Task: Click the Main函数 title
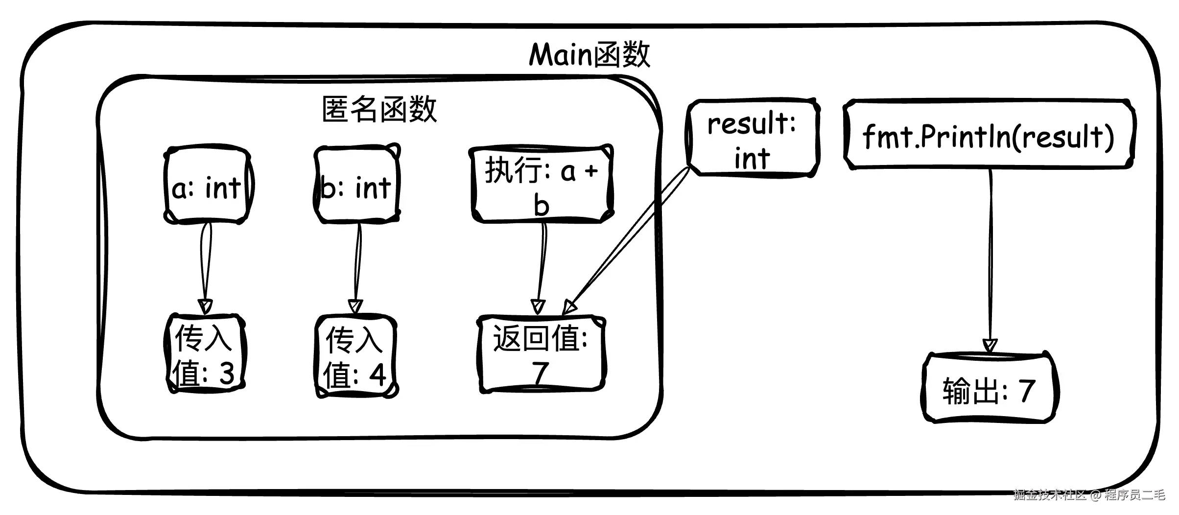click(589, 55)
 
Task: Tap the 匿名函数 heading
click(379, 109)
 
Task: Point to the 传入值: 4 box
click(355, 356)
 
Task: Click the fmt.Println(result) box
click(988, 136)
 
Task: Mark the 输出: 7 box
click(989, 389)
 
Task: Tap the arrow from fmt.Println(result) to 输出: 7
click(990, 259)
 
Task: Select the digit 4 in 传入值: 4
click(377, 375)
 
